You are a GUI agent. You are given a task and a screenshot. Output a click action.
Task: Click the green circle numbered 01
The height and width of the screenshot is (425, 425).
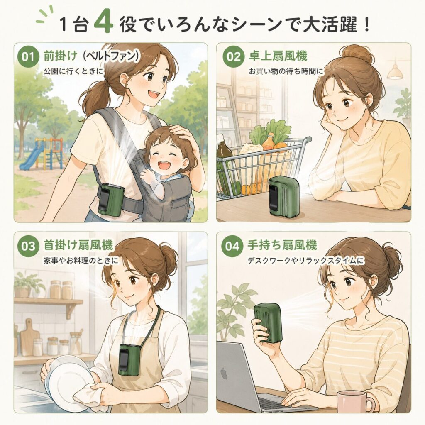(28, 57)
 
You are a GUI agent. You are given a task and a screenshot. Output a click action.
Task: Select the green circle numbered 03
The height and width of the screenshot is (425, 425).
(28, 246)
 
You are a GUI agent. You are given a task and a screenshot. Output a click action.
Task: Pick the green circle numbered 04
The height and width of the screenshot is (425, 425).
(232, 246)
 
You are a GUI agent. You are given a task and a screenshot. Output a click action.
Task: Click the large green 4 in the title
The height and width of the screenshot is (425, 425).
(103, 24)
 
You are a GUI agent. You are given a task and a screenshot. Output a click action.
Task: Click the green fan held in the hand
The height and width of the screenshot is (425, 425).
(268, 322)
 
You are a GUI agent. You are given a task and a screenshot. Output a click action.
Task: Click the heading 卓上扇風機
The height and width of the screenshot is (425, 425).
(278, 56)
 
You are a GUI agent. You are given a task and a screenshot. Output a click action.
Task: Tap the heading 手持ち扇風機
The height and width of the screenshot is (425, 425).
(282, 245)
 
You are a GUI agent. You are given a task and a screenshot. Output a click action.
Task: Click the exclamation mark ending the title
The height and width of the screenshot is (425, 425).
(367, 24)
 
